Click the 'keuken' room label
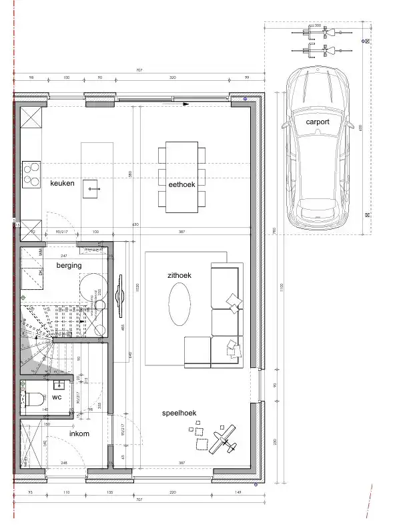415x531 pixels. point(62,182)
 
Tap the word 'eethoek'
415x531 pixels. point(181,184)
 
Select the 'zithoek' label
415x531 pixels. point(179,275)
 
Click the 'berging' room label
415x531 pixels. point(69,265)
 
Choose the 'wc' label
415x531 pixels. point(57,397)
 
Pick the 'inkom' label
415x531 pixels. point(80,433)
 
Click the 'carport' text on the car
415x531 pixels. point(318,122)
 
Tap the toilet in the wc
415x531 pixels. point(33,400)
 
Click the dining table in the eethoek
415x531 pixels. point(181,177)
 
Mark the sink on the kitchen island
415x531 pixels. point(92,189)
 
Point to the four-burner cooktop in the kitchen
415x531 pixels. point(31,174)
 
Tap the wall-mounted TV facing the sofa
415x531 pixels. point(120,295)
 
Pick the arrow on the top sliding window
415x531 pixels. point(184,104)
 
